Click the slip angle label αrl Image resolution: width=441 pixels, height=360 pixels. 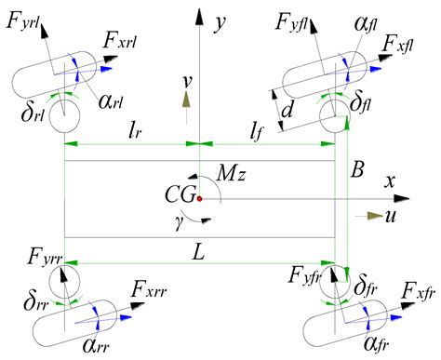pos(112,101)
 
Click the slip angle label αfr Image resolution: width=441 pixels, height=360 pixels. pos(382,348)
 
